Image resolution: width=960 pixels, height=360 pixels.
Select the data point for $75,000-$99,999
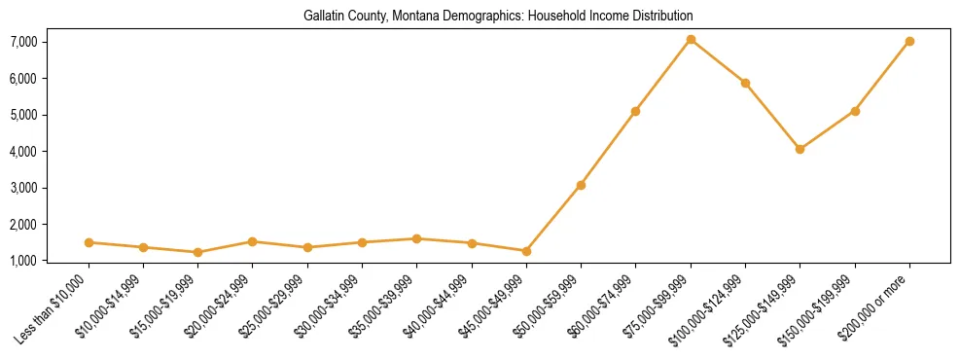[691, 40]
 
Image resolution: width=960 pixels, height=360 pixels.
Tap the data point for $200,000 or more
[909, 42]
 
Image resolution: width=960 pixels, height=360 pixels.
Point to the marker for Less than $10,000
[89, 242]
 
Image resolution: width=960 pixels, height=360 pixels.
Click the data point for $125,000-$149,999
[800, 149]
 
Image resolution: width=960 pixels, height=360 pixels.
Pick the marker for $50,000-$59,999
[581, 185]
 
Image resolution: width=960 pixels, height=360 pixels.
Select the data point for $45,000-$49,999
[526, 251]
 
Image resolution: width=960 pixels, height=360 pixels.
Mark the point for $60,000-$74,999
[635, 111]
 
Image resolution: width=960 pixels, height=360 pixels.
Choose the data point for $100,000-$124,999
[745, 83]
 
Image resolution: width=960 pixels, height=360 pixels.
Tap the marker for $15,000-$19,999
[197, 252]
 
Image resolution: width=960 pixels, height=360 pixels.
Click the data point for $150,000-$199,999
[855, 111]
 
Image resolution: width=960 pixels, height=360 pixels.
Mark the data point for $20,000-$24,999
[252, 241]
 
